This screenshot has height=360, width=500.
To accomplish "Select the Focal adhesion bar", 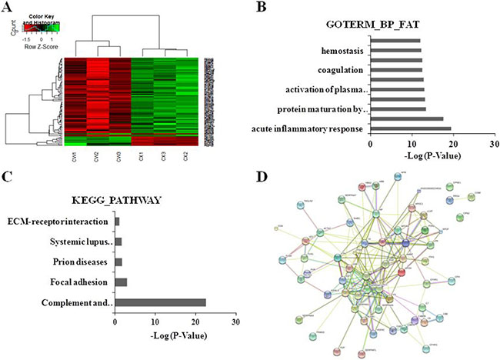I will coord(121,282).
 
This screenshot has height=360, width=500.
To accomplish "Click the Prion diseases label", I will coord(79,262).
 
